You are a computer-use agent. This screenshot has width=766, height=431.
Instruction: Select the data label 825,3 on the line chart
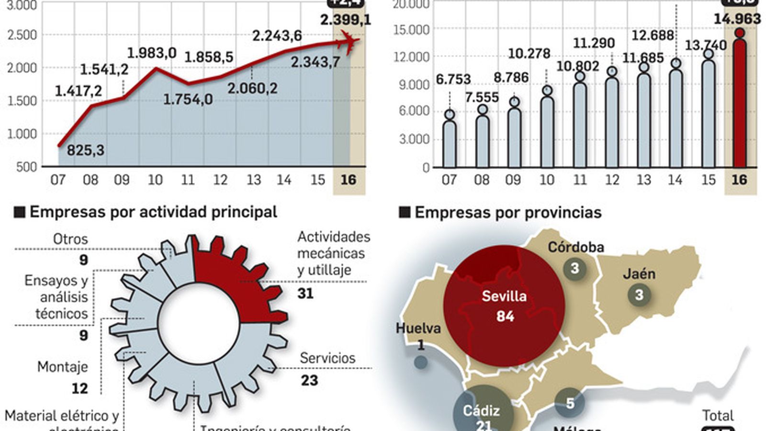pyautogui.click(x=85, y=150)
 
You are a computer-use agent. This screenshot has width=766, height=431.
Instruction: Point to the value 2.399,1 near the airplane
pyautogui.click(x=345, y=20)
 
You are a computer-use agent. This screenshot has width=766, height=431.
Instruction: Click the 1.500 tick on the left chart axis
pyautogui.click(x=22, y=101)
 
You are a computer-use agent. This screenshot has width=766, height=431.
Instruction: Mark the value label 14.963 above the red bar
pyautogui.click(x=737, y=19)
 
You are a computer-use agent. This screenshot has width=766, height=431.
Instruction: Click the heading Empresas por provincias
pyautogui.click(x=507, y=212)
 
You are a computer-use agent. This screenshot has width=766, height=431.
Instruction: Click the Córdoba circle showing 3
pyautogui.click(x=574, y=268)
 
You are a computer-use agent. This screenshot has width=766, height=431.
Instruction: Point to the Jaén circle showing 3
pyautogui.click(x=639, y=294)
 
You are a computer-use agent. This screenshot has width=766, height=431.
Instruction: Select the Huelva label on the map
pyautogui.click(x=418, y=329)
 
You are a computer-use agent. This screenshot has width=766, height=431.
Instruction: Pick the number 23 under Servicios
pyautogui.click(x=309, y=380)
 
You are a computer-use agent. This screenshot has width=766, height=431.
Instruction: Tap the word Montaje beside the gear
pyautogui.click(x=63, y=367)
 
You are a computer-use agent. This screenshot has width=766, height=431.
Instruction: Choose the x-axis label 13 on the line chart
pyautogui.click(x=253, y=180)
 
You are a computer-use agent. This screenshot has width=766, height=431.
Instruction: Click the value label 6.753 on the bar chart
pyautogui.click(x=453, y=79)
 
